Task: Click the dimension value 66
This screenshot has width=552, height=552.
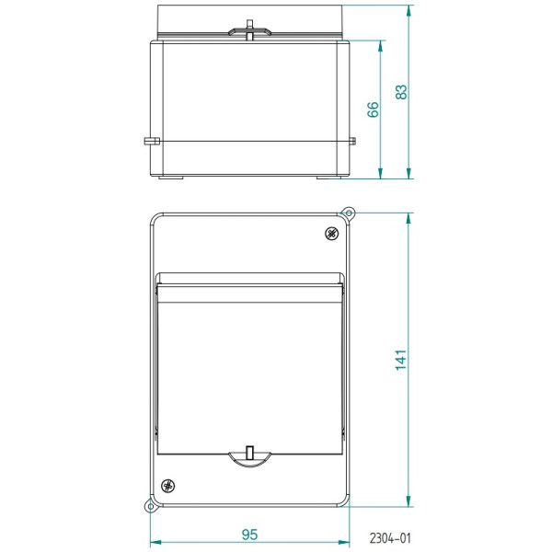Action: [x=373, y=108]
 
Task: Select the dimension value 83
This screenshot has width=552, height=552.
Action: [x=401, y=92]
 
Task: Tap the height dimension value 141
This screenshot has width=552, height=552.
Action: [x=401, y=360]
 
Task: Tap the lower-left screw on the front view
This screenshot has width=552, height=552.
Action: [x=167, y=486]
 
